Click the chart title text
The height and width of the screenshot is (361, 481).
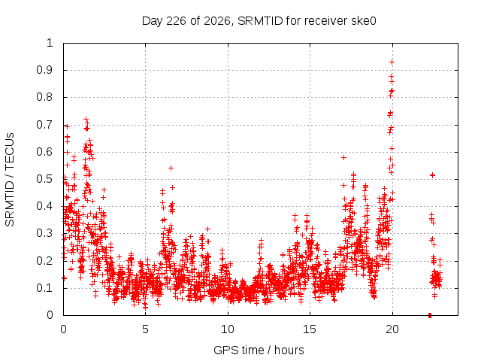[259, 21]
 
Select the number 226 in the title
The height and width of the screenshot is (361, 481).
[176, 21]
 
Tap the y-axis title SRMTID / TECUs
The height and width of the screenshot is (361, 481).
[10, 180]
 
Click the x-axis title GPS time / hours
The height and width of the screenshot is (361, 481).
[259, 350]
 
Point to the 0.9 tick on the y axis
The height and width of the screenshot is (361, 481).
[45, 70]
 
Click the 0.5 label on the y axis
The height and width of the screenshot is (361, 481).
[45, 179]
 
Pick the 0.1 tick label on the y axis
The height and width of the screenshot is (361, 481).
[45, 288]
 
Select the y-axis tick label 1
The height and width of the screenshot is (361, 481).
[50, 43]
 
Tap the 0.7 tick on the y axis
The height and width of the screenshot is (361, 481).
[45, 125]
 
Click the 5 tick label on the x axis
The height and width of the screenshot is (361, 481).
[145, 329]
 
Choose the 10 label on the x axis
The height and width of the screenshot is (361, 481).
[228, 329]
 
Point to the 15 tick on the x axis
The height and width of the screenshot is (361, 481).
[310, 329]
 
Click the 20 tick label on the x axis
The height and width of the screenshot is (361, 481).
[392, 329]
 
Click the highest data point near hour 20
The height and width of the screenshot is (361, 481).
[392, 62]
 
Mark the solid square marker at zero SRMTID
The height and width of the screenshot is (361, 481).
[430, 315]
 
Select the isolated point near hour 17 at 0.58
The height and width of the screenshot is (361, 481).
[344, 157]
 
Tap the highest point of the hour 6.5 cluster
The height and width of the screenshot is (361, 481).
[171, 168]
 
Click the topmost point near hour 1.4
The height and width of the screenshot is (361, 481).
[86, 119]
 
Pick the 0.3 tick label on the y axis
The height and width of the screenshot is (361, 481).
[45, 233]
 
